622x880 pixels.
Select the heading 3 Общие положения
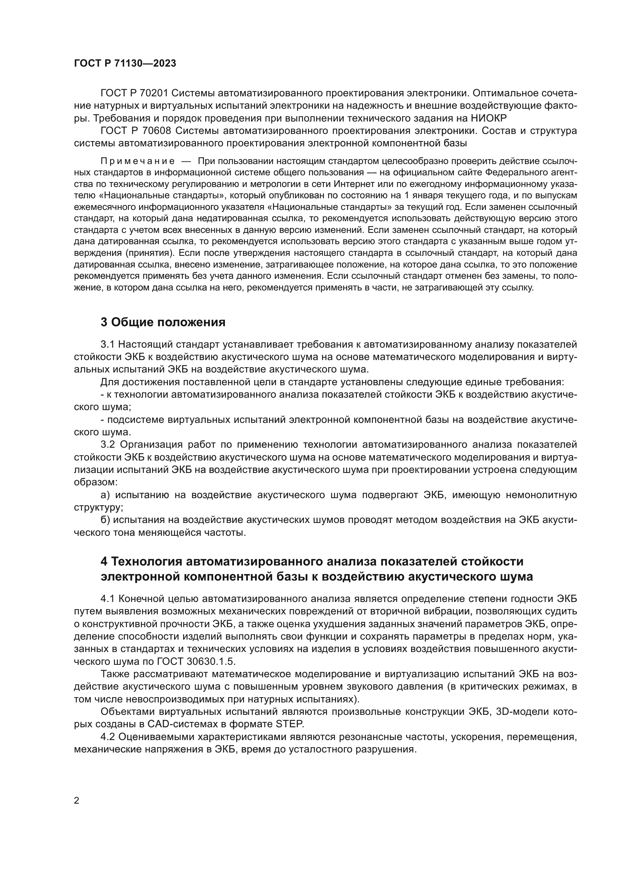coord(163,322)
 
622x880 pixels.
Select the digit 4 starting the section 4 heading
coord(104,561)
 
